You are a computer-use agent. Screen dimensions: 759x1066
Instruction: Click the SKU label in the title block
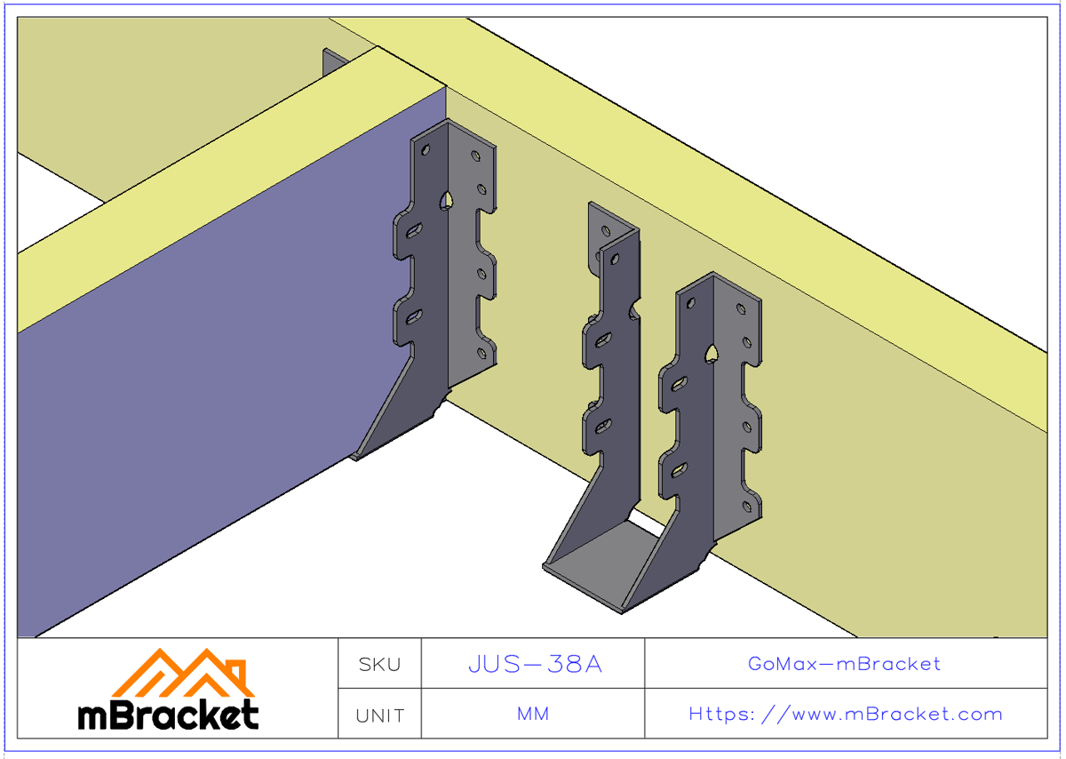pyautogui.click(x=379, y=664)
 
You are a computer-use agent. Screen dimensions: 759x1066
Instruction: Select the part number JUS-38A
pyautogui.click(x=535, y=664)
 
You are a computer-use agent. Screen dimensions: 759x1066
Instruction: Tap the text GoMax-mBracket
pyautogui.click(x=844, y=664)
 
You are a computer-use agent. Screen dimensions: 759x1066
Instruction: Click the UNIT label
pyautogui.click(x=379, y=715)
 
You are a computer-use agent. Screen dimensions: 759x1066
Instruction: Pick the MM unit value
pyautogui.click(x=533, y=715)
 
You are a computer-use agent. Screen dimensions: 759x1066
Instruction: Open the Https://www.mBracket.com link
pyautogui.click(x=846, y=715)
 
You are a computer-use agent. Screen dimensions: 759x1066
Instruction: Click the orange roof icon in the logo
pyautogui.click(x=184, y=674)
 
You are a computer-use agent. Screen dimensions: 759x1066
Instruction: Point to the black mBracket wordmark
pyautogui.click(x=169, y=715)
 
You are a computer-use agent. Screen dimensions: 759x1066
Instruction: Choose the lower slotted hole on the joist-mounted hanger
pyautogui.click(x=415, y=316)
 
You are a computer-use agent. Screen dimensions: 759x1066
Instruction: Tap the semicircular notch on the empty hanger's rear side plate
pyautogui.click(x=634, y=309)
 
